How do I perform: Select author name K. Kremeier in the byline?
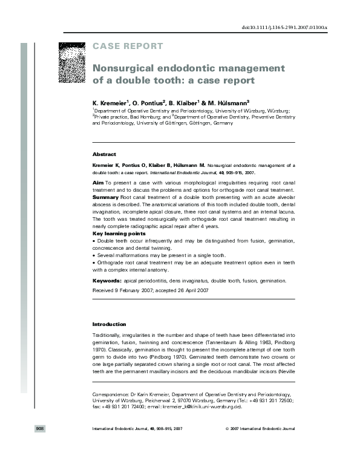110,103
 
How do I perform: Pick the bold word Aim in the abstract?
97,181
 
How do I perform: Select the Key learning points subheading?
119,233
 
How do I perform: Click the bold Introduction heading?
110,324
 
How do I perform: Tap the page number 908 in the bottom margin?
40,428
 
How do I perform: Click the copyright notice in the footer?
259,429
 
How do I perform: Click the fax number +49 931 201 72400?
122,407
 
